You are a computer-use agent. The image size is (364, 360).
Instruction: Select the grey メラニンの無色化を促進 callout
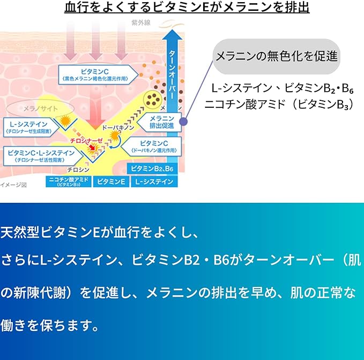tap(276, 56)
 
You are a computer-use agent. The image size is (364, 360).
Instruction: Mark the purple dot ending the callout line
tap(184, 122)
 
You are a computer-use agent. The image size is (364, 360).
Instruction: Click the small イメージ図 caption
tap(12, 185)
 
